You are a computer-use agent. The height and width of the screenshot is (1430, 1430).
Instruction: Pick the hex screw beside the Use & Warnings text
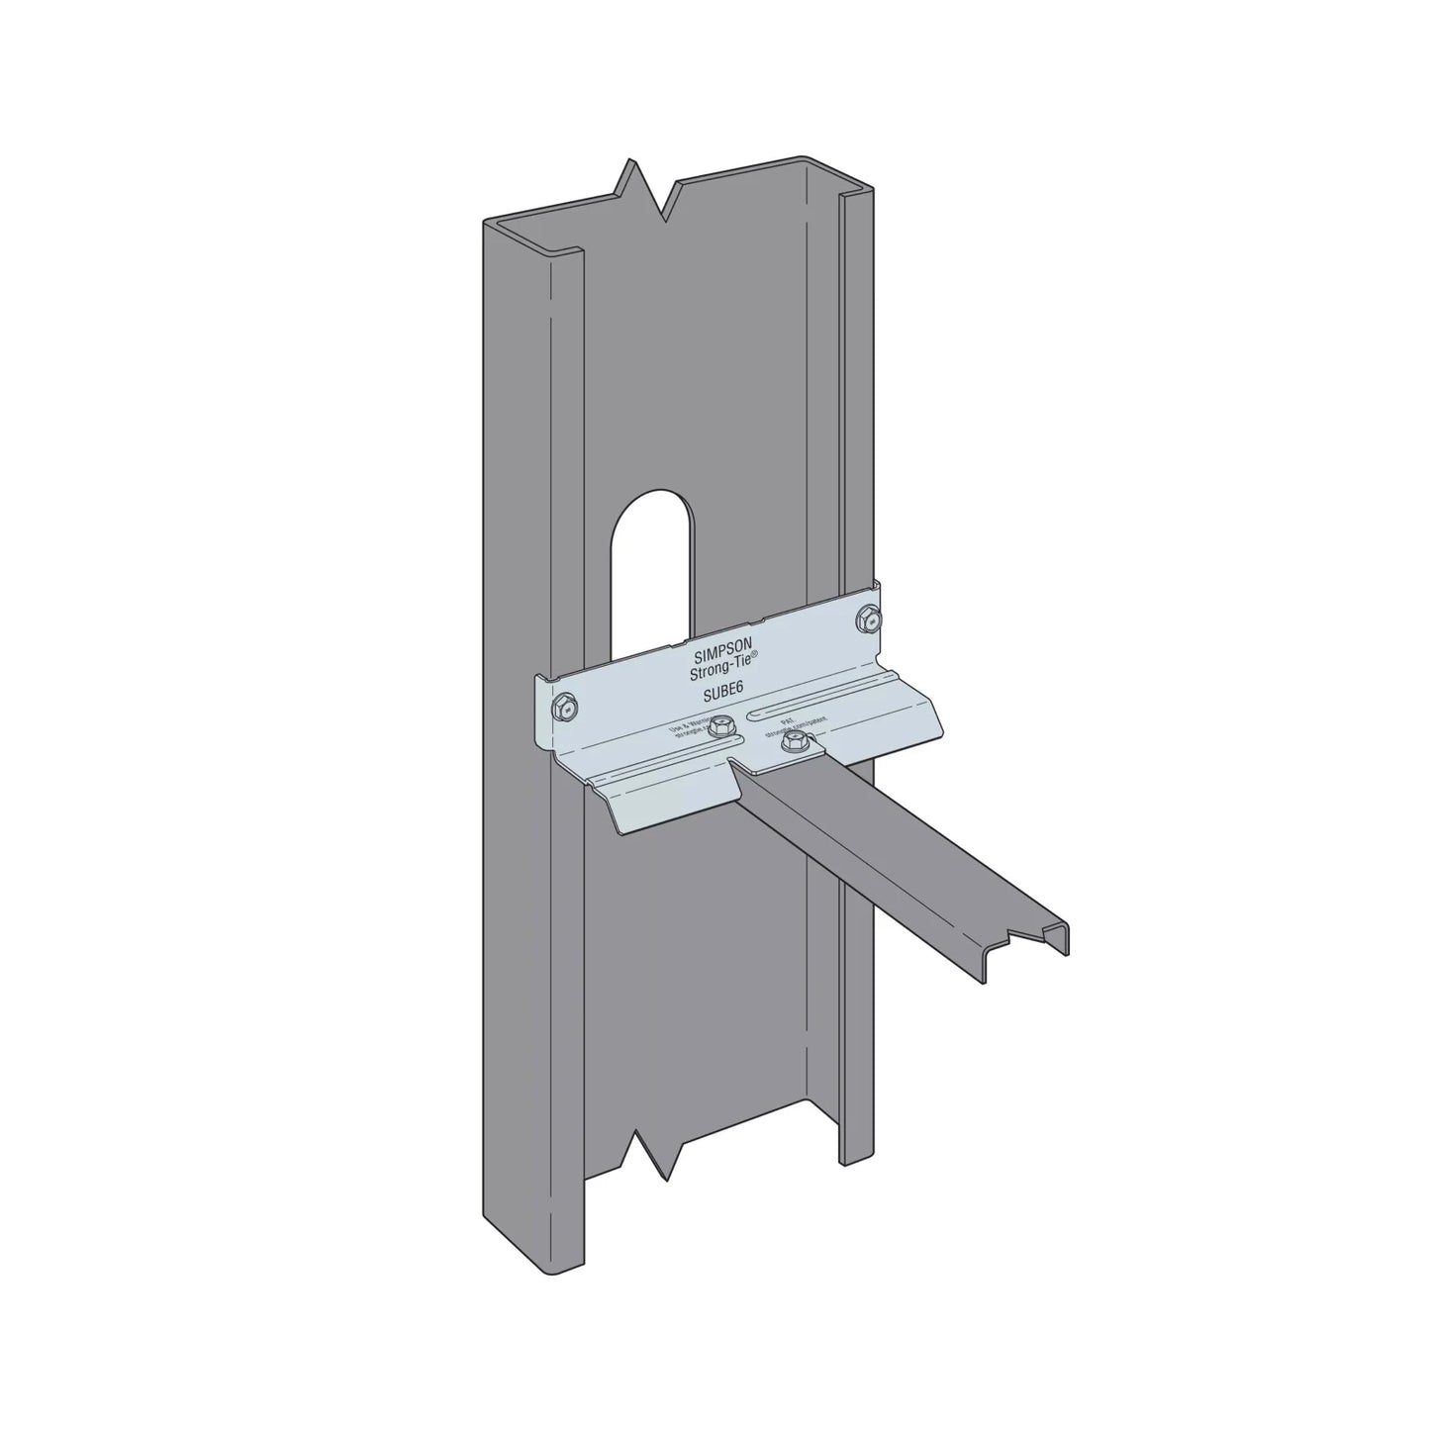pyautogui.click(x=722, y=726)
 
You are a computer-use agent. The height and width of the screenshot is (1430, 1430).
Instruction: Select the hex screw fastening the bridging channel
pyautogui.click(x=791, y=743)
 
